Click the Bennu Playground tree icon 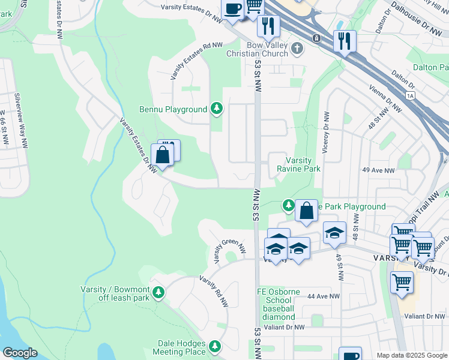point(216,109)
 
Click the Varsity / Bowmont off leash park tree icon point(158,293)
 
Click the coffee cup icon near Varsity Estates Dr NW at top point(232,8)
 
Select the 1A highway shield point(411,95)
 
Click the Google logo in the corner point(20,353)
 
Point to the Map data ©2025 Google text point(411,355)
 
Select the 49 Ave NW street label point(378,171)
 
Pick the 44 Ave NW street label point(319,296)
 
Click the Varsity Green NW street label point(230,247)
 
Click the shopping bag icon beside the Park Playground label point(306,211)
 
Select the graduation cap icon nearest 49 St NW point(334,233)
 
